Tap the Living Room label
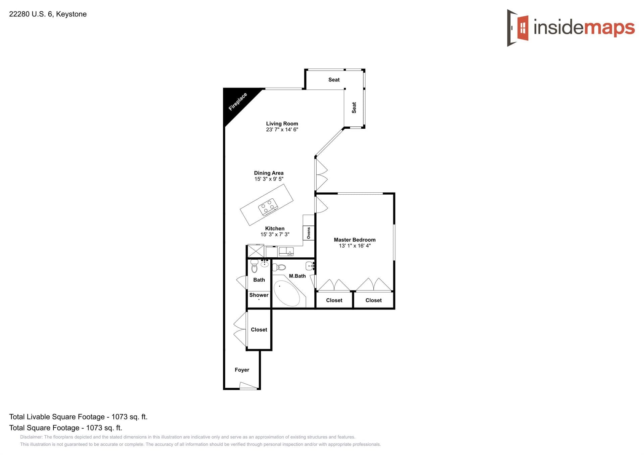282,124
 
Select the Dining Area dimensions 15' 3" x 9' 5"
269,179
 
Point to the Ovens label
309,233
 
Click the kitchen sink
286,252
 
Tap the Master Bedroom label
355,240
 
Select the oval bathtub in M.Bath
287,293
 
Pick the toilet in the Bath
255,267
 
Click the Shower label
259,295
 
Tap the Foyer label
242,370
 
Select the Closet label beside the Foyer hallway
259,330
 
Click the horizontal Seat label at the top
334,80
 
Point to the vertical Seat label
354,108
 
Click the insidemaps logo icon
518,27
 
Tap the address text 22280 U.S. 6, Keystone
48,14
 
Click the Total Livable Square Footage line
78,417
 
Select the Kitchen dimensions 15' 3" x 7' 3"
275,235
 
